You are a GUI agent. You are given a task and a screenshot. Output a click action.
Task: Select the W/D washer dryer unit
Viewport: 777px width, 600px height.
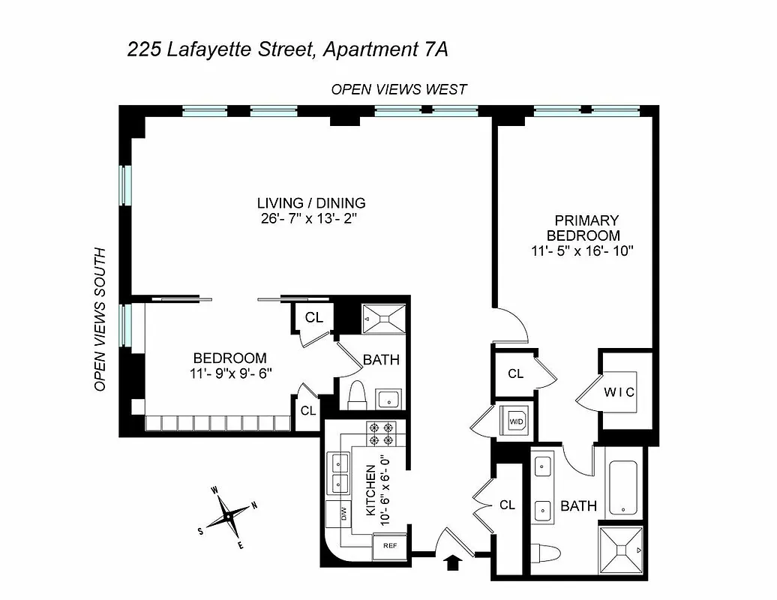[x=517, y=421]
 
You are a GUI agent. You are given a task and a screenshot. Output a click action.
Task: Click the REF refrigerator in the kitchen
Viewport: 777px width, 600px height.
[x=390, y=545]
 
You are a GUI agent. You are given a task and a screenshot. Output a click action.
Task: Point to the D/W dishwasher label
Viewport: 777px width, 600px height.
[x=343, y=514]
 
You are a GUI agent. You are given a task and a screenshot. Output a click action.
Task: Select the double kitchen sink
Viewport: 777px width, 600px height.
[x=340, y=474]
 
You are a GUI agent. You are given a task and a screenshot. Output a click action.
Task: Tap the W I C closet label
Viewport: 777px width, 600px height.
[x=619, y=392]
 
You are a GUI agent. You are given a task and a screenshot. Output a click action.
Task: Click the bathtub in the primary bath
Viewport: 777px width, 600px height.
[x=622, y=487]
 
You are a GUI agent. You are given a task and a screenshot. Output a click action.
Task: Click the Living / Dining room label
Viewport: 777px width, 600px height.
[x=311, y=202]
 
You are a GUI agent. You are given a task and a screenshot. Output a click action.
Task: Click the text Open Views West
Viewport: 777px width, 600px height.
[x=399, y=89]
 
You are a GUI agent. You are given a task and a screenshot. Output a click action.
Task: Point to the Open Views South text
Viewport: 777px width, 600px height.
[x=100, y=319]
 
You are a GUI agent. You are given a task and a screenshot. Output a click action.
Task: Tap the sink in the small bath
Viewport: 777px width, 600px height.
[x=388, y=397]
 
